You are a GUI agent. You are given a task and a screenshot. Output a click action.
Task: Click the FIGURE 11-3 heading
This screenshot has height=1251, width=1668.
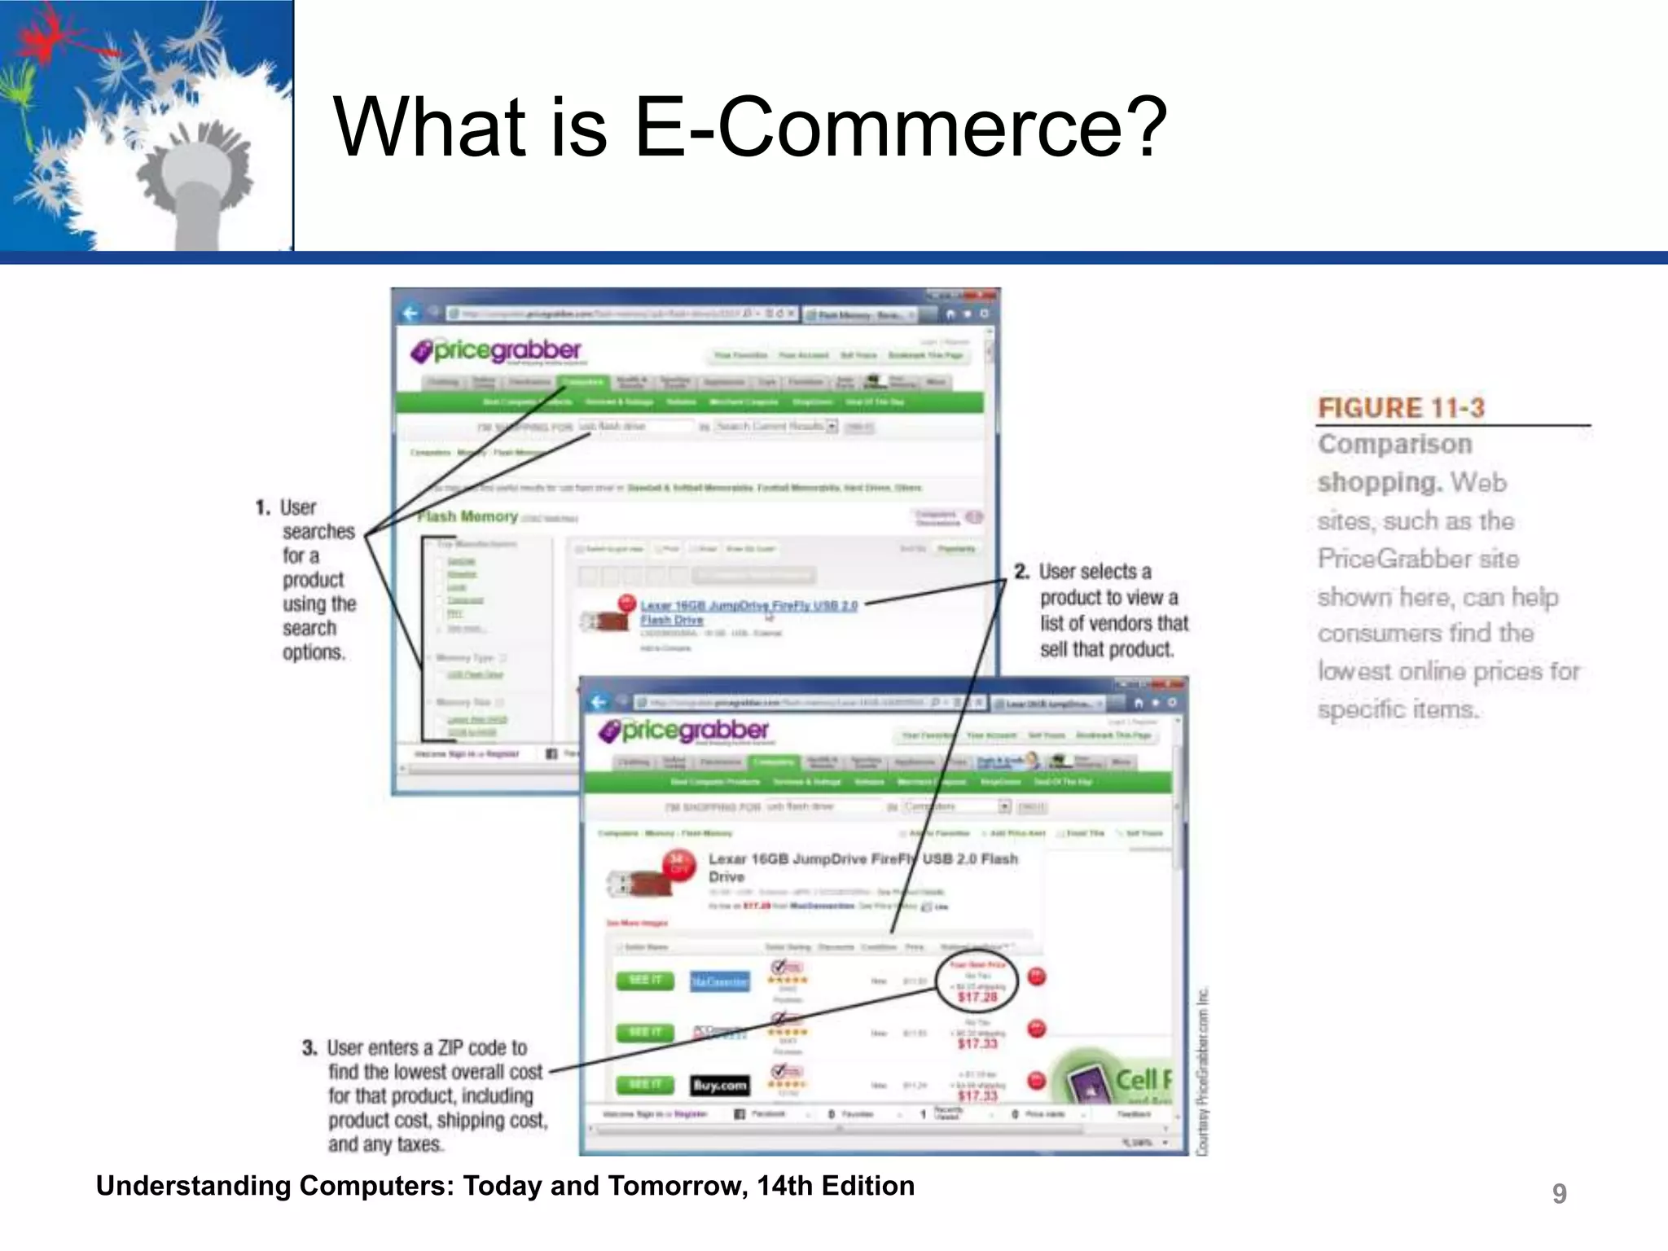click(x=1401, y=408)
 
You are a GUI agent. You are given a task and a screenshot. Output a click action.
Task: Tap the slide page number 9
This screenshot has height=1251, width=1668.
click(x=1559, y=1193)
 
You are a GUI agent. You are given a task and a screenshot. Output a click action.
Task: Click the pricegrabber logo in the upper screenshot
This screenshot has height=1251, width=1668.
click(x=497, y=351)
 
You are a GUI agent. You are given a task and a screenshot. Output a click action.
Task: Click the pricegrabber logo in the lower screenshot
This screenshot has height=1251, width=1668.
click(x=684, y=731)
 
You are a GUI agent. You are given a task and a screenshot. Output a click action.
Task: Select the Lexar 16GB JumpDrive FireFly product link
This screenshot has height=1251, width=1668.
click(x=748, y=606)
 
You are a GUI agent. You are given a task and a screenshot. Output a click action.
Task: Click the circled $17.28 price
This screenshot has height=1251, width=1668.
click(x=977, y=996)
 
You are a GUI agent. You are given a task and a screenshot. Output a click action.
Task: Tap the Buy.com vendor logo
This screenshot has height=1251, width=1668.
click(x=719, y=1085)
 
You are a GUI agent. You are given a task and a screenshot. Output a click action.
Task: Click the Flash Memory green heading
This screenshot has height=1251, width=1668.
click(x=467, y=516)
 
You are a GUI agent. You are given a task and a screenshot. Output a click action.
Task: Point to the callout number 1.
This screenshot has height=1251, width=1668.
click(x=262, y=508)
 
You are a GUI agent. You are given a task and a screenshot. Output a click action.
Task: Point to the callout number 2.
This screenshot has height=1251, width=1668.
click(x=1021, y=572)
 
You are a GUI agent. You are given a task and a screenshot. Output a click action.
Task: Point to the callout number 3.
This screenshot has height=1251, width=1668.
click(x=309, y=1047)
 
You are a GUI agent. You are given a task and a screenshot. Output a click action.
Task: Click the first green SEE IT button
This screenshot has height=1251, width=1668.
click(x=645, y=980)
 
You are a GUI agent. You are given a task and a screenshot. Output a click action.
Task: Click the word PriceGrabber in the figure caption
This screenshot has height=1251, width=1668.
click(x=1417, y=559)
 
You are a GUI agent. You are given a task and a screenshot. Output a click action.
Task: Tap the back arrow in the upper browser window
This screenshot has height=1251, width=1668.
click(x=410, y=314)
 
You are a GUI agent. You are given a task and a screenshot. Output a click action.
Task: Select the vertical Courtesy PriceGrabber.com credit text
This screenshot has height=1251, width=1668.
click(x=1202, y=1071)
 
